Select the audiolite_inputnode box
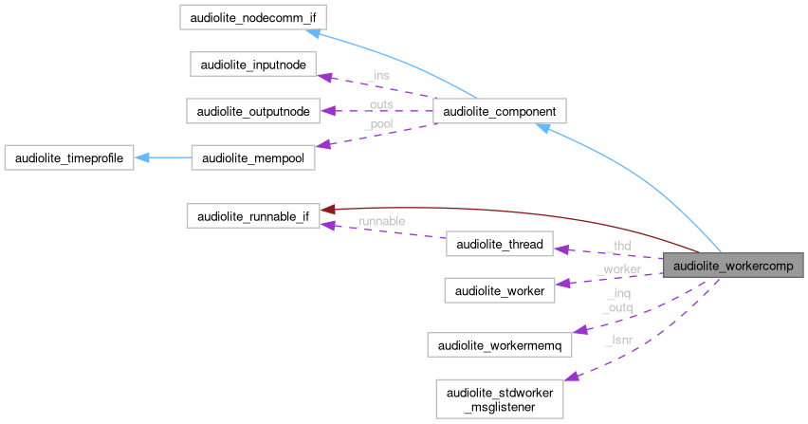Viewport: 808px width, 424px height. pos(251,65)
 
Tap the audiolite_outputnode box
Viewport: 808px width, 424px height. pos(252,111)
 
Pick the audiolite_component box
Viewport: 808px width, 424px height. pos(499,111)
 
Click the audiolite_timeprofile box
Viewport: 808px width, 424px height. pos(67,157)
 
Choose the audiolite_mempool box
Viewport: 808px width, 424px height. pos(251,157)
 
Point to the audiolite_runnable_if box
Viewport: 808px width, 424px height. pos(252,216)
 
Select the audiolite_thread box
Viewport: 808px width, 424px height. pos(500,245)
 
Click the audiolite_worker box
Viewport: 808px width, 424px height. pos(500,290)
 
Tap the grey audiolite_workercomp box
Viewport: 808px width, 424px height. pos(734,267)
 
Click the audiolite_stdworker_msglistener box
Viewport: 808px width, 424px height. pos(500,398)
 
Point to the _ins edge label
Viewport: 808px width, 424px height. pos(376,75)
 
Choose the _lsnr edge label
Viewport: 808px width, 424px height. pos(618,339)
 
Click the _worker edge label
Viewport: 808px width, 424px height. pos(618,270)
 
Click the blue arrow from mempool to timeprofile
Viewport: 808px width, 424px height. pos(161,157)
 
